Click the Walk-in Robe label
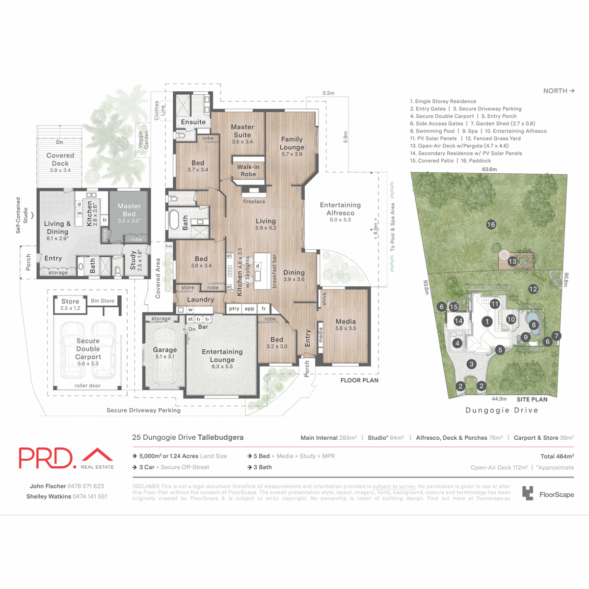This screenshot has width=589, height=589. point(248,170)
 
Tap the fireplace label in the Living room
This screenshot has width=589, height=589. point(254,201)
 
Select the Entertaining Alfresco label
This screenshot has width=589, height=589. point(340,209)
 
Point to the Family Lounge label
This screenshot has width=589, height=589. point(292,143)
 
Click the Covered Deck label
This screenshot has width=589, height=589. point(60,159)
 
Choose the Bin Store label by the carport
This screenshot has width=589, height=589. point(103,301)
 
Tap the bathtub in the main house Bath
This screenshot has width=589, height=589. point(174,220)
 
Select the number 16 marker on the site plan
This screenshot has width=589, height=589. point(491,224)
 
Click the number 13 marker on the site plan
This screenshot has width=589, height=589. point(512,261)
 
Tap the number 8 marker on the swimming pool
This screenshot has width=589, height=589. point(534,324)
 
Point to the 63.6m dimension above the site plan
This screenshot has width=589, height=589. point(489,169)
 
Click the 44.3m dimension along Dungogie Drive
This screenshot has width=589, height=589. point(499,399)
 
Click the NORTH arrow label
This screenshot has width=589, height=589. point(559,91)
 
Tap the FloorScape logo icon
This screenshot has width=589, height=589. point(528,493)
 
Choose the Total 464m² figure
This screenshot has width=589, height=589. point(557,456)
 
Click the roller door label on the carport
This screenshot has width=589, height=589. point(88,386)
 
